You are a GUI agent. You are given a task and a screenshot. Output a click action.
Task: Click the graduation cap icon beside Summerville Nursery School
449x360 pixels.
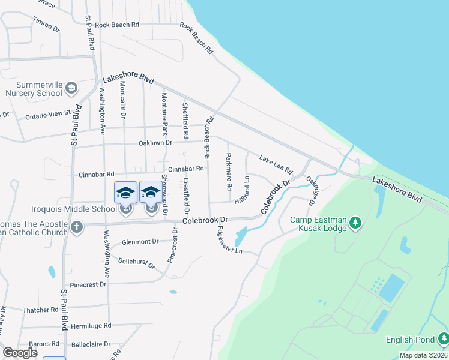click(x=71, y=89)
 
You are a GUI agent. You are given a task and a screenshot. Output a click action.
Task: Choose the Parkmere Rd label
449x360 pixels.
click(x=229, y=172)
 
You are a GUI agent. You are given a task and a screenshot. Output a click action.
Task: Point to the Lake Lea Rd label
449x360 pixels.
click(x=276, y=163)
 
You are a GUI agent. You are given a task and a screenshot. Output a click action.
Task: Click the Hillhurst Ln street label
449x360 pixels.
click(x=244, y=190)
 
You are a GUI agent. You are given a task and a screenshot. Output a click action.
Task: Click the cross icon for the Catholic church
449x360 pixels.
click(x=76, y=227)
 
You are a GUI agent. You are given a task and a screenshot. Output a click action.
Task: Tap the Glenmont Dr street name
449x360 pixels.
click(x=139, y=241)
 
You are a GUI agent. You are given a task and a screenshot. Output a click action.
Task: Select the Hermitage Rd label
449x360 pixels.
click(x=91, y=325)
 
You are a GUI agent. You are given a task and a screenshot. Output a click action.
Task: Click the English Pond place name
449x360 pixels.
click(x=410, y=340)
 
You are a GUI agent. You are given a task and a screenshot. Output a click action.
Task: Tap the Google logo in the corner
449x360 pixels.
click(x=20, y=353)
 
